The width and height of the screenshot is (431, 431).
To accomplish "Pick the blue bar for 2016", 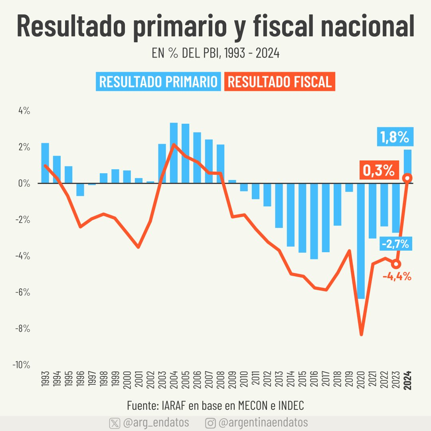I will tap(314, 221).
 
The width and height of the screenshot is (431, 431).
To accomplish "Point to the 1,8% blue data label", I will tap(395, 137).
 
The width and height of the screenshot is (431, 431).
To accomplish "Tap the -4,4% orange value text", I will tap(397, 276).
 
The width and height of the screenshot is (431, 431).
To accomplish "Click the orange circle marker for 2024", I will tap(408, 178).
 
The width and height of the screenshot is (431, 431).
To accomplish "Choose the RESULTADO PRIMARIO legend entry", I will tap(158, 82).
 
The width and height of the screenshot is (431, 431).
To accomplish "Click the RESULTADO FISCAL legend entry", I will tap(280, 82).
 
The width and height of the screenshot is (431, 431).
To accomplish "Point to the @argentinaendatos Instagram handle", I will tap(263, 423).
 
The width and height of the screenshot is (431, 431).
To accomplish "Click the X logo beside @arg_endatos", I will tap(115, 423).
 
